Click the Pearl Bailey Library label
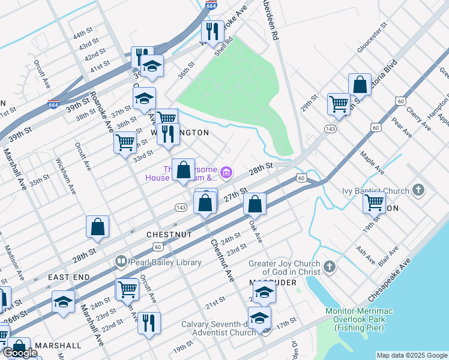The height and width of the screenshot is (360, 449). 155,262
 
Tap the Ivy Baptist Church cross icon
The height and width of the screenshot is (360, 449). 418,191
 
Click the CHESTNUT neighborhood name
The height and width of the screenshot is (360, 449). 169,235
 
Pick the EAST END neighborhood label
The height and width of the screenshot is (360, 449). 69,277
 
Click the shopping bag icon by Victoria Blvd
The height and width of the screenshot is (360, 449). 360,85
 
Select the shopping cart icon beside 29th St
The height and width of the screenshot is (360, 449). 339,104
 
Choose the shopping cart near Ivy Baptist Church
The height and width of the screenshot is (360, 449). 374,203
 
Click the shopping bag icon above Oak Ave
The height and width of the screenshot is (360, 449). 255,204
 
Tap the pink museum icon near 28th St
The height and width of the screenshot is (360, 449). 226,174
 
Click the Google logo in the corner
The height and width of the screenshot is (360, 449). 20,353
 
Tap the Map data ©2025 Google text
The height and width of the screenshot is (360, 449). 412,355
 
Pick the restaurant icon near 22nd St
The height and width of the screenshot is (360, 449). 149,323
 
